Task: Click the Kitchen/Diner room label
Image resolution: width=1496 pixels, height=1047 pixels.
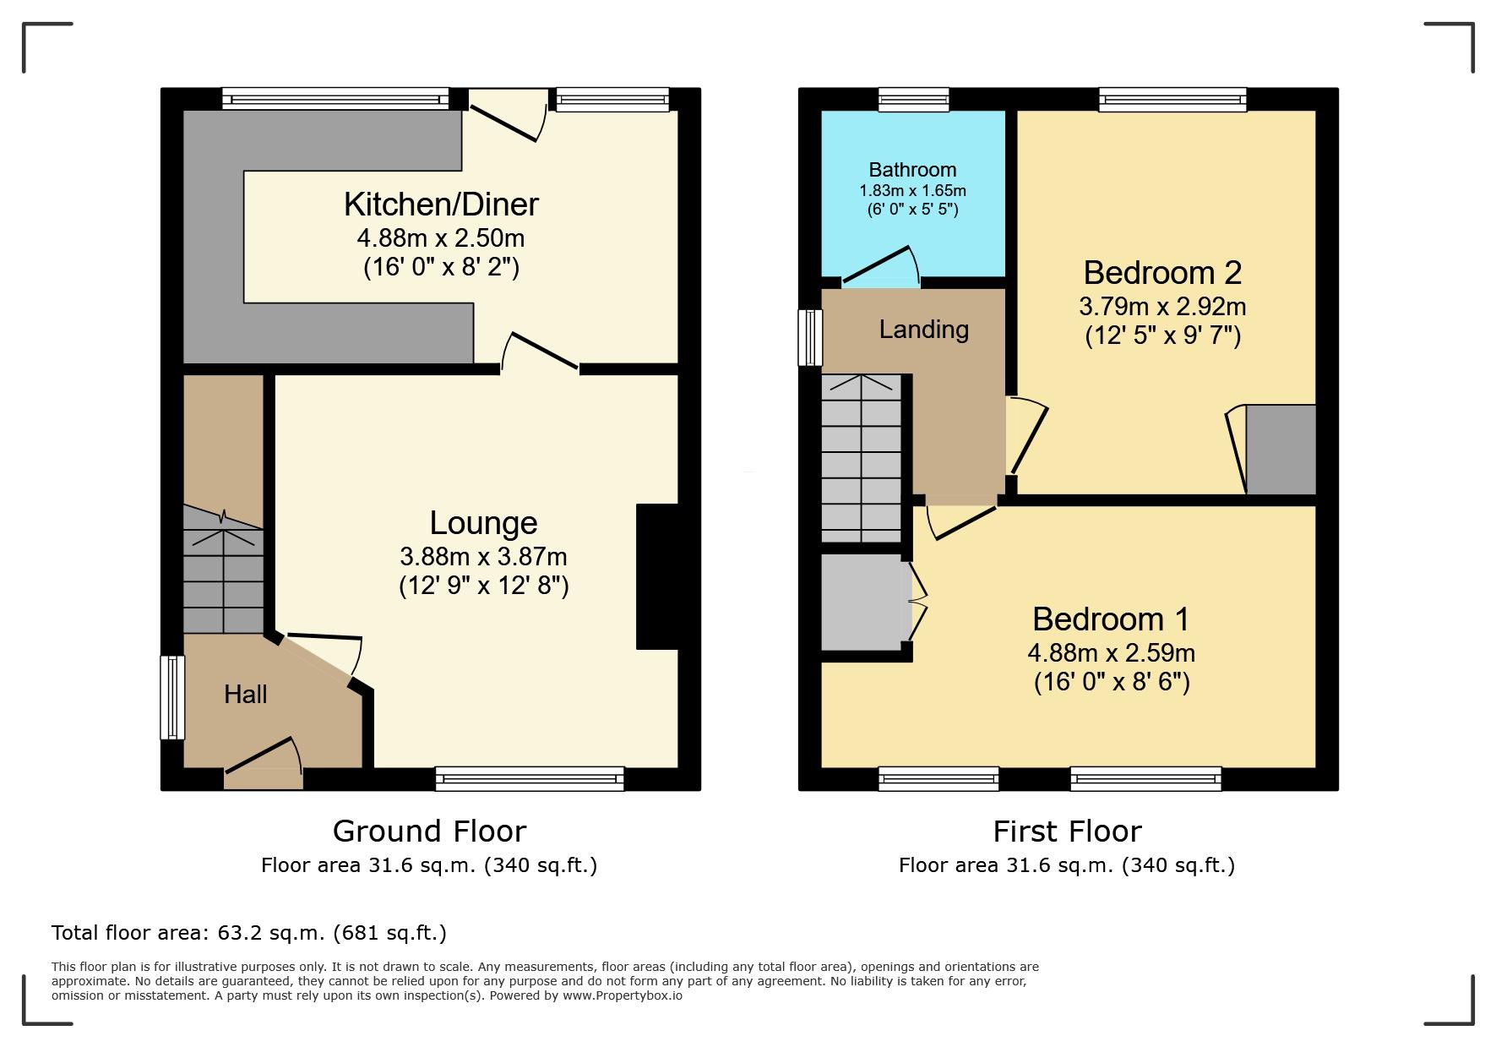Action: pyautogui.click(x=441, y=204)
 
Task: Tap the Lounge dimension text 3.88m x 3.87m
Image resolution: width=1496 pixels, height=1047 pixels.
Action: pyautogui.click(x=483, y=557)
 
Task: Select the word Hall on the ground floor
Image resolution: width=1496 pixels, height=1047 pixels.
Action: pyautogui.click(x=246, y=695)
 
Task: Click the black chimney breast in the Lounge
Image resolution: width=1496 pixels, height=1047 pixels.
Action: pyautogui.click(x=657, y=577)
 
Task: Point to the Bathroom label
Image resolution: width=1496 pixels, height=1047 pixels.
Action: pyautogui.click(x=913, y=170)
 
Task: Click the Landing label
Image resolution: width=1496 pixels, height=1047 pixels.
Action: pyautogui.click(x=924, y=330)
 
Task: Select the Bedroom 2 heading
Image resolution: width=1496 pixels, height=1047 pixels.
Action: pyautogui.click(x=1162, y=273)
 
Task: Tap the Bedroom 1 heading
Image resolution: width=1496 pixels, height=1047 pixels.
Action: pyautogui.click(x=1111, y=619)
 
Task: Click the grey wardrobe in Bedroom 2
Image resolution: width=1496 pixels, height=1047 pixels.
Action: pyautogui.click(x=1281, y=450)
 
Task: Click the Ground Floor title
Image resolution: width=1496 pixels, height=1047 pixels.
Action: pyautogui.click(x=429, y=832)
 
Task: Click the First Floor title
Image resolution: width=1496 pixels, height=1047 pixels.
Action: pyautogui.click(x=1067, y=832)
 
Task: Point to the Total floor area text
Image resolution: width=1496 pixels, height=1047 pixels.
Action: pyautogui.click(x=249, y=933)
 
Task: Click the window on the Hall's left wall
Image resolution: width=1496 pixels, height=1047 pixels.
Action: pyautogui.click(x=172, y=698)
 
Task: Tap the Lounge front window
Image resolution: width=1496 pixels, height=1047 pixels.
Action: pyautogui.click(x=530, y=778)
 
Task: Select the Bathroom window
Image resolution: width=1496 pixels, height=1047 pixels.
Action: pyautogui.click(x=913, y=100)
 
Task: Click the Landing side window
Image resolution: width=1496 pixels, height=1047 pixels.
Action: pyautogui.click(x=810, y=337)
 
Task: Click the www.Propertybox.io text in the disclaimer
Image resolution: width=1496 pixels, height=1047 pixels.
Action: pyautogui.click(x=623, y=995)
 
